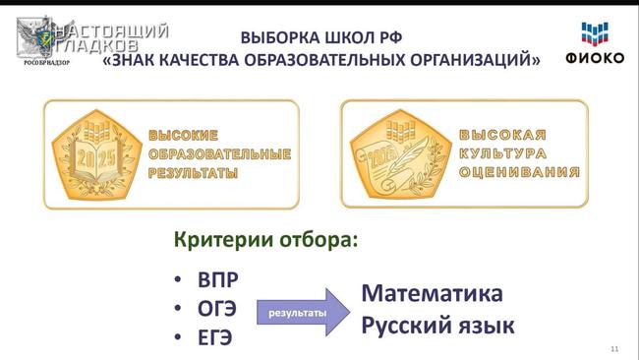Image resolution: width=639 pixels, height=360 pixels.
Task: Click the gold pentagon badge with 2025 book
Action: pyautogui.click(x=95, y=153)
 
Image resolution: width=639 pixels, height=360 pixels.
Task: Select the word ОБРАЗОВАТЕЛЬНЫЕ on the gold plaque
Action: pyautogui.click(x=219, y=154)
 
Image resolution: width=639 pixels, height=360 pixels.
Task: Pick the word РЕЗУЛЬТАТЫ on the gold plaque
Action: pyautogui.click(x=194, y=173)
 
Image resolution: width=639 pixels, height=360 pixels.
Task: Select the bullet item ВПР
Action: pyautogui.click(x=219, y=278)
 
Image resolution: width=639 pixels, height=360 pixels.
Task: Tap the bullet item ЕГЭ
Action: pyautogui.click(x=215, y=337)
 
